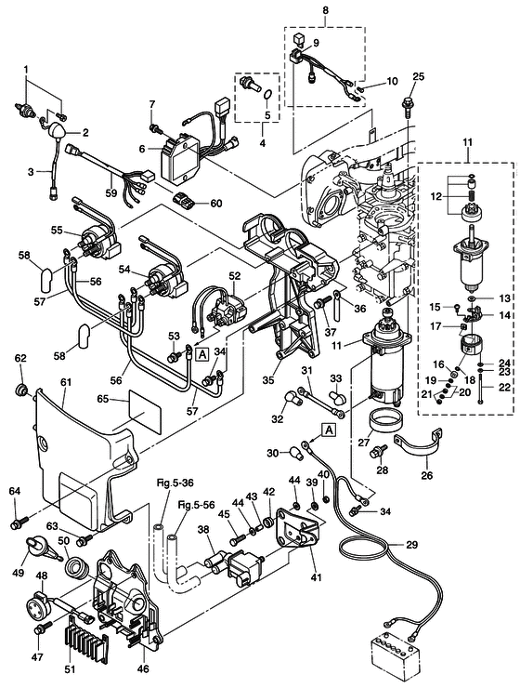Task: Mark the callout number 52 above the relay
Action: point(234,275)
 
